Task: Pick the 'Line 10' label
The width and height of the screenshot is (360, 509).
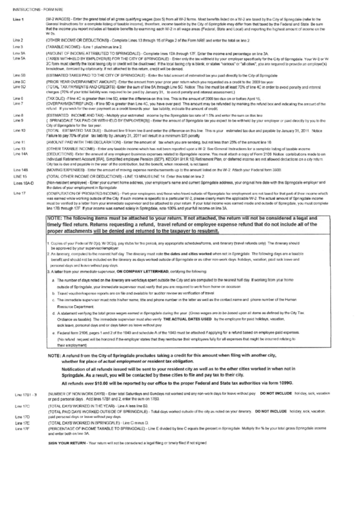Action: (19, 129)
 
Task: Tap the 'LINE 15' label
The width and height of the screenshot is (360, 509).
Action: (20, 175)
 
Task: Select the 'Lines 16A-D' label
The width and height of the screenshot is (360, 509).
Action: (22, 183)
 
